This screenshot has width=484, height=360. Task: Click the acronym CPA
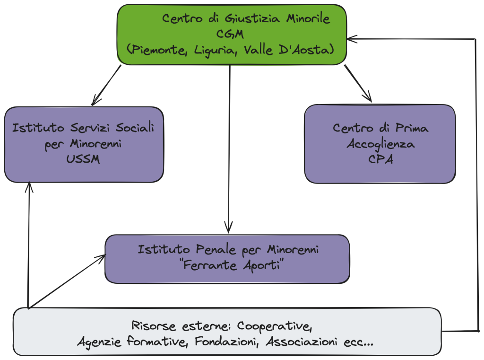pos(380,159)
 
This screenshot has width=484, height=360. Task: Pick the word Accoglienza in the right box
pos(380,144)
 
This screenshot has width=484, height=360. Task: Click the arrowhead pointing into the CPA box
pos(367,97)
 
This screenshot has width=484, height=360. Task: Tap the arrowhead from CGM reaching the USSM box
pos(96,100)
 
